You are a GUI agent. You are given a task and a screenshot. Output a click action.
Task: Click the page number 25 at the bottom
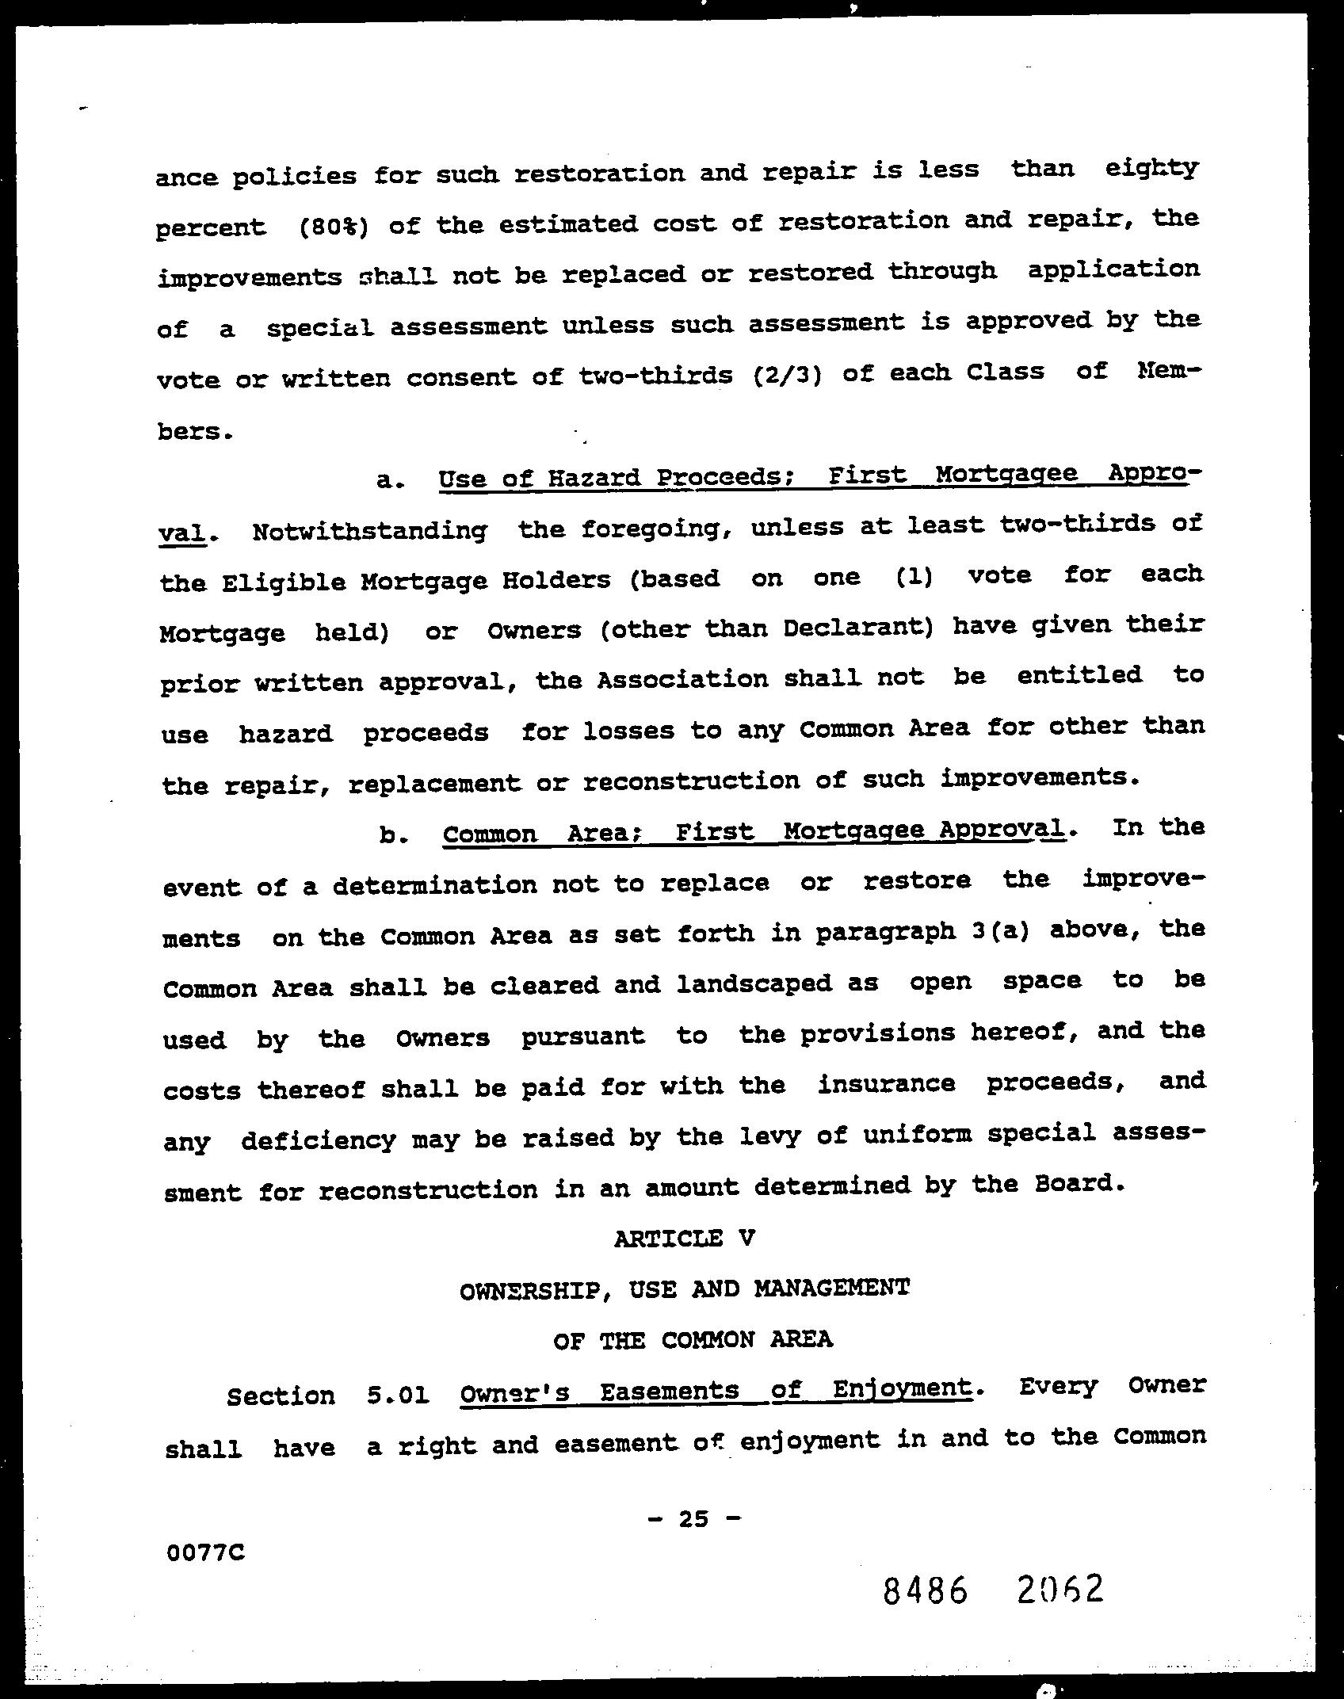[693, 1518]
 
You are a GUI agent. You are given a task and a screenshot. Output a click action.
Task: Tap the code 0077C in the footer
[205, 1553]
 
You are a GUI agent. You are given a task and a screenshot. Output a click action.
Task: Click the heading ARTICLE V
[684, 1238]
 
